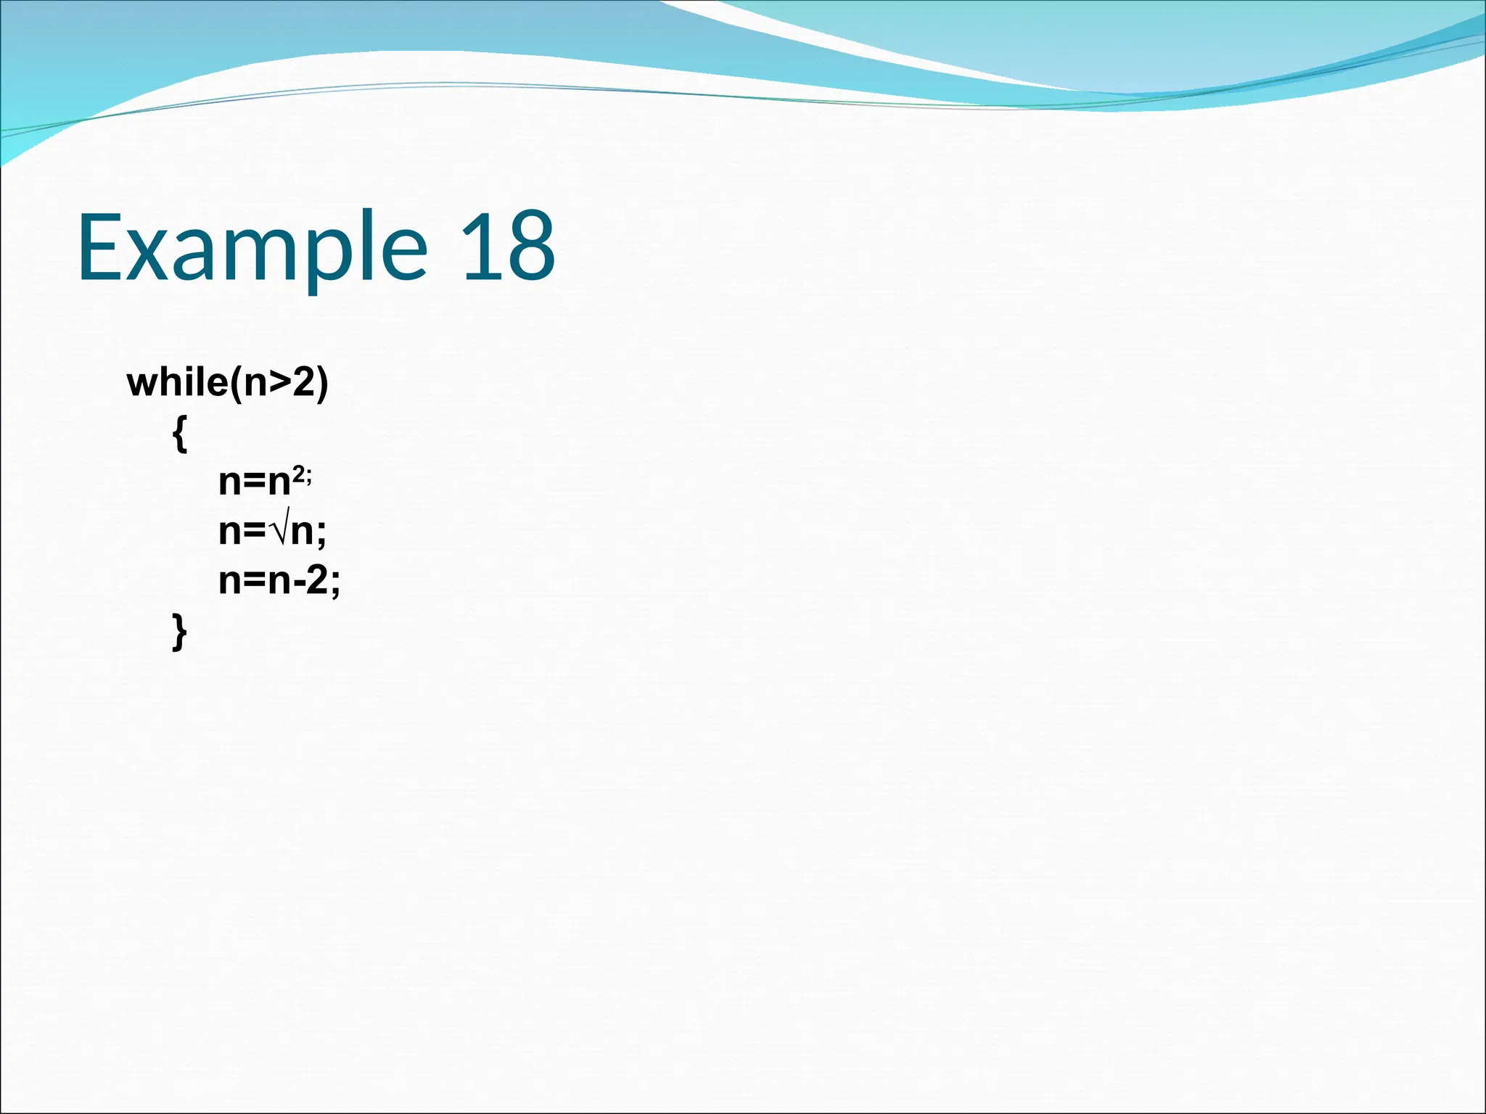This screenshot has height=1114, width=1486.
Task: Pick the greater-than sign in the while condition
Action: tap(280, 383)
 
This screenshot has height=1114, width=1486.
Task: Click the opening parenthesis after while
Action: tap(236, 383)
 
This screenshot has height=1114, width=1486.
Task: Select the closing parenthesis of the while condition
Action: tap(321, 383)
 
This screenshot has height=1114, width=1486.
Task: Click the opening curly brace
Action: tap(180, 435)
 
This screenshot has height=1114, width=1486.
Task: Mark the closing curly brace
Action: tap(180, 631)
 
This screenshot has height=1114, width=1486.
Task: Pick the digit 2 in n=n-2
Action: tap(316, 580)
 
